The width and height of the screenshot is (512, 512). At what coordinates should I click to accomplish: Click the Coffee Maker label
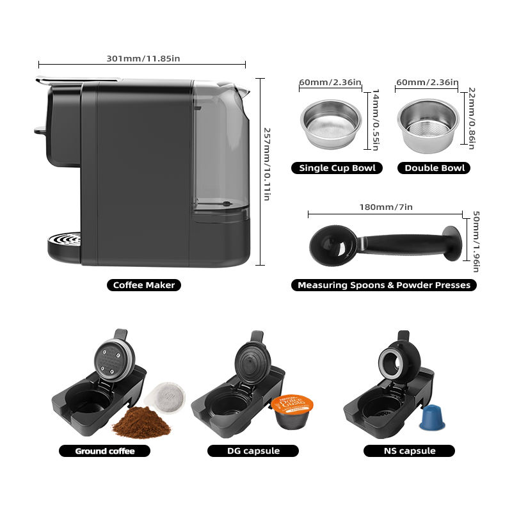coord(143,285)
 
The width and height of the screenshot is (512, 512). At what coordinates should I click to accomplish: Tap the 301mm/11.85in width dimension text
coord(143,59)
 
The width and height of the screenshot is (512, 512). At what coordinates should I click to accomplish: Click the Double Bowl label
coord(435,168)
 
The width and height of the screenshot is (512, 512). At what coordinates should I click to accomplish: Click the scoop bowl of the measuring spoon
coord(330,245)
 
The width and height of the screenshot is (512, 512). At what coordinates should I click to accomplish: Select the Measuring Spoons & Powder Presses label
coord(384,285)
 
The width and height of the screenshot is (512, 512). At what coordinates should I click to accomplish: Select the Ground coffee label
coord(105,451)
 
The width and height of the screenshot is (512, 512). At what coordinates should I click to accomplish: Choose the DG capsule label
coord(253,451)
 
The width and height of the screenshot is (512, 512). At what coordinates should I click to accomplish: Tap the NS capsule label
coord(409,451)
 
